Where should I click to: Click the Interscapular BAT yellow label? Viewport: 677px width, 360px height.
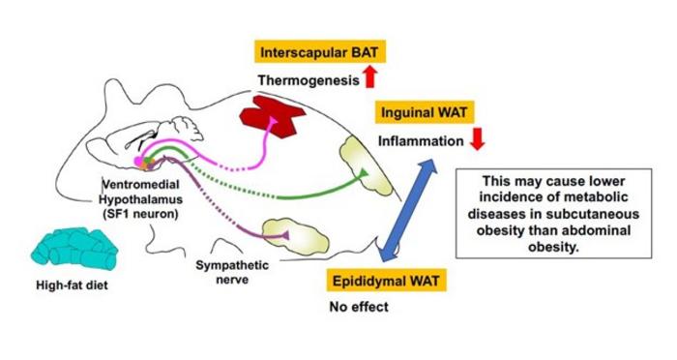(319, 52)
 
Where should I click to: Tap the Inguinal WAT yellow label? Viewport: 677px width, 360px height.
(424, 113)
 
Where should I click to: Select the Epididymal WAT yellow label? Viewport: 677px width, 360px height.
(386, 281)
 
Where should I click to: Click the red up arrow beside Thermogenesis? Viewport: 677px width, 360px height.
(370, 76)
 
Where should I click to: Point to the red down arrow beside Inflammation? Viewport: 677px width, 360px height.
(477, 138)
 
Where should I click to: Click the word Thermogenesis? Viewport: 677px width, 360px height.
(309, 80)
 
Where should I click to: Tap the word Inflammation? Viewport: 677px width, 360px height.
(421, 141)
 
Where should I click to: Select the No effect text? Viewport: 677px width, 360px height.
(359, 307)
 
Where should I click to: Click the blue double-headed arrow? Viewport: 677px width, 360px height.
(407, 210)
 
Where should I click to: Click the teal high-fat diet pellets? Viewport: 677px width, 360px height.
(74, 250)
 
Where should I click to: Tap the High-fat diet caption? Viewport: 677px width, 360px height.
(73, 285)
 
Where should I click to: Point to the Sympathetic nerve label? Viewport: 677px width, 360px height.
(232, 272)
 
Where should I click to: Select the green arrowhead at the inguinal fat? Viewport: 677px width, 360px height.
(364, 173)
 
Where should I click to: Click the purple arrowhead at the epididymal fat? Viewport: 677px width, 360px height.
(284, 235)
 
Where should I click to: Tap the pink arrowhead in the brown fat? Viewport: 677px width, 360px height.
(273, 122)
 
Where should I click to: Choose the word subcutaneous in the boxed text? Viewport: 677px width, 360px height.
(595, 215)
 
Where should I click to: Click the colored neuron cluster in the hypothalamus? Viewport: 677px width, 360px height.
(145, 162)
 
